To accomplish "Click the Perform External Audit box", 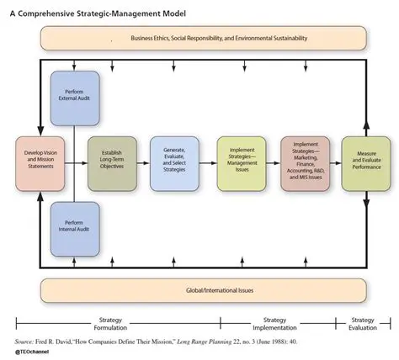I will pyautogui.click(x=75, y=98).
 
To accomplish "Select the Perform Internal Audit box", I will pyautogui.click(x=75, y=229).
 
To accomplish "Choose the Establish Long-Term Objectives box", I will pyautogui.click(x=111, y=162).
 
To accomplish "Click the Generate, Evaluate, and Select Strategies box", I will pyautogui.click(x=173, y=162).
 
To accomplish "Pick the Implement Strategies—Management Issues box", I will pyautogui.click(x=242, y=162).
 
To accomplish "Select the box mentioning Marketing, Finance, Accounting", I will pyautogui.click(x=306, y=162).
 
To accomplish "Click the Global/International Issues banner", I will pyautogui.click(x=203, y=290).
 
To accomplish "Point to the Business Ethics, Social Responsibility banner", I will pyautogui.click(x=203, y=39).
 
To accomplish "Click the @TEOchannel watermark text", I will pyautogui.click(x=30, y=353).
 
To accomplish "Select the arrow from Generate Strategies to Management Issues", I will pyautogui.click(x=207, y=162).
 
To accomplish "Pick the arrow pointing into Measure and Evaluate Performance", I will pyautogui.click(x=336, y=162).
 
